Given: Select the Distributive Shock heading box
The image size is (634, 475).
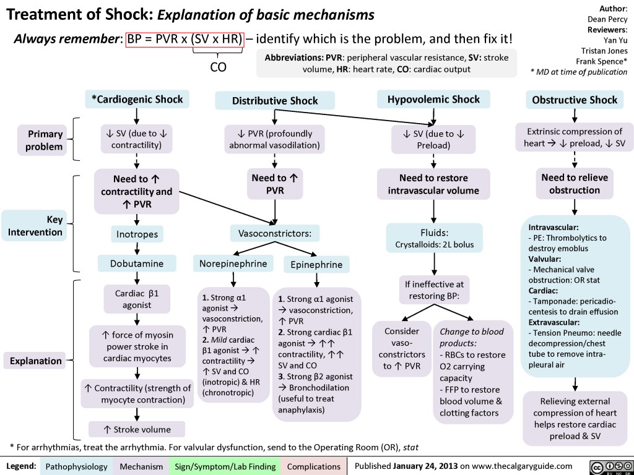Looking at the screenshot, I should point(274,100).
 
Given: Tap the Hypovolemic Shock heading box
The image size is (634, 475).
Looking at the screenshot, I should point(433,99).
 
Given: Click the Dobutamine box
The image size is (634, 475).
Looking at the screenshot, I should point(136,263).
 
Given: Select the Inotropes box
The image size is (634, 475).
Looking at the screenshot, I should point(136,234).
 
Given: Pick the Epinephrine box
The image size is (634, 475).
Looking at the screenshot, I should point(316,265).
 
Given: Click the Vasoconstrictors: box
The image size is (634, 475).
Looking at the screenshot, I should point(274,233).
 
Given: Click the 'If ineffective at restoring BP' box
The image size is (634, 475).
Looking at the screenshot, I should point(434,291).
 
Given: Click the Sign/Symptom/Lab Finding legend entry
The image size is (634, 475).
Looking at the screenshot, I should point(225,466).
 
